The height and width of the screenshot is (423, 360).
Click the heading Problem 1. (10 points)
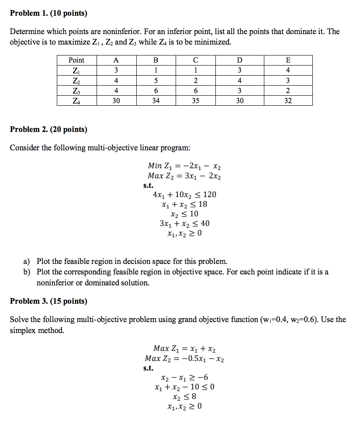pos(48,14)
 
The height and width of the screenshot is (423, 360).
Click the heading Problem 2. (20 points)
pos(48,129)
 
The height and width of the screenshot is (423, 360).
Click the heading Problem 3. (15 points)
pos(48,301)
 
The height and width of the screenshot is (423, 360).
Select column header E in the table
pos(287,60)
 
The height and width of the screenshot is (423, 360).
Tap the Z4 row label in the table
pos(76,101)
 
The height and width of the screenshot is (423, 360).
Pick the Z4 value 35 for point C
pos(195,101)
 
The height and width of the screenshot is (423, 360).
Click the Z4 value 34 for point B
pos(156,101)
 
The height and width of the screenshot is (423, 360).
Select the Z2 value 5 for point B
pos(156,80)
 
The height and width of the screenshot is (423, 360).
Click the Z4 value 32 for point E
pos(287,101)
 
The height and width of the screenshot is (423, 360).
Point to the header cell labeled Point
pos(76,60)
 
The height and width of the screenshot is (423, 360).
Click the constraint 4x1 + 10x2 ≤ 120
pos(184,194)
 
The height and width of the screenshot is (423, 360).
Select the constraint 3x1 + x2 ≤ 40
pos(184,223)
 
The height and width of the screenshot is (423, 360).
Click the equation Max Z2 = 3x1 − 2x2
pos(184,176)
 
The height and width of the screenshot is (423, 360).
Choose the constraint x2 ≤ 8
pos(184,397)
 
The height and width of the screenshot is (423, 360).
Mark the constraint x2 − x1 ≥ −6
pos(184,378)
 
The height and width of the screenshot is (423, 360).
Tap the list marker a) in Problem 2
pos(27,262)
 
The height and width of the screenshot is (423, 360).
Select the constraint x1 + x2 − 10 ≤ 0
pos(184,387)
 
